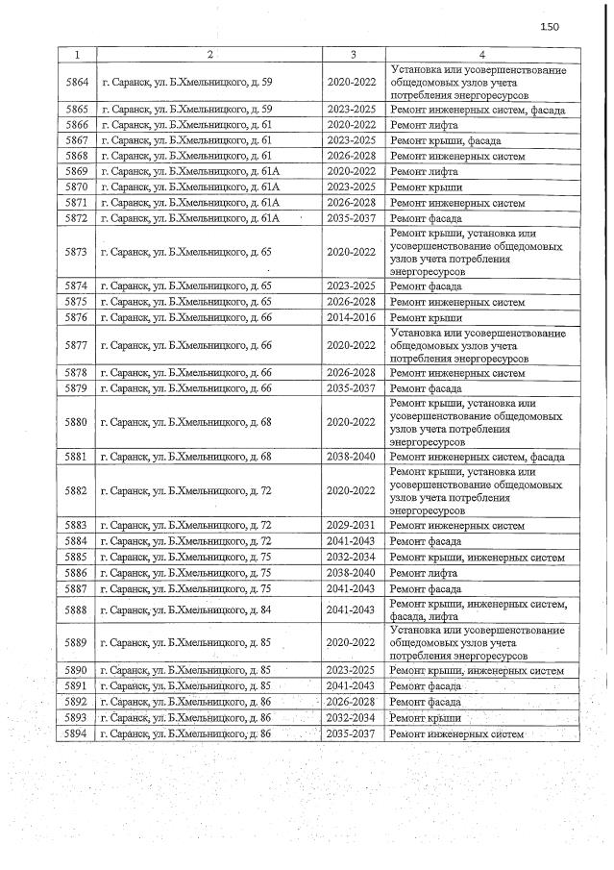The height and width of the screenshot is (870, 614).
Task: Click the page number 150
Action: pos(549,26)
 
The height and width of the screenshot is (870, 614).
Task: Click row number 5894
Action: pos(77,733)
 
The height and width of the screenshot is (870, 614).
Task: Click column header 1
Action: pos(77,52)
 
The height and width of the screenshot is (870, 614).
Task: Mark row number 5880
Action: pos(77,422)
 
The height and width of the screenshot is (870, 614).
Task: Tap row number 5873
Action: pos(77,253)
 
